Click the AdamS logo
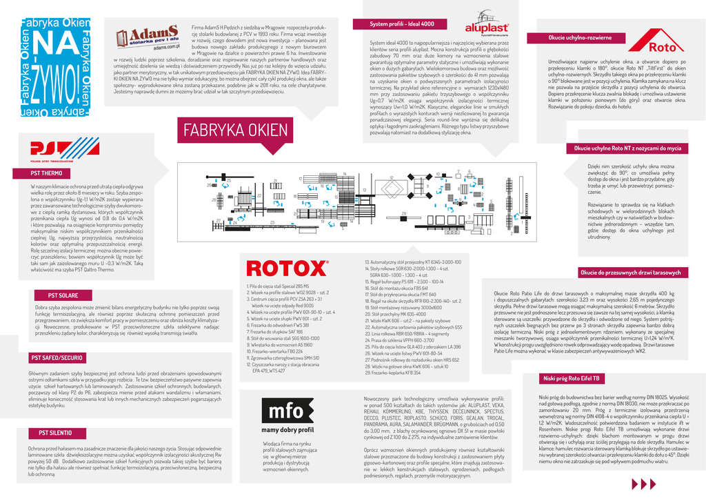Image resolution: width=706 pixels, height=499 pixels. [x=145, y=40]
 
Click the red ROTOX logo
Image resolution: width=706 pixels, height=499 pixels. [x=287, y=268]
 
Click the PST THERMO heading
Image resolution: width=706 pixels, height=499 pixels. [x=46, y=173]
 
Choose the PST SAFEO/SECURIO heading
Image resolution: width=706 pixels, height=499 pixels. [x=56, y=358]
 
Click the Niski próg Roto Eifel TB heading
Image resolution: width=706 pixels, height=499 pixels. [x=572, y=379]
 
